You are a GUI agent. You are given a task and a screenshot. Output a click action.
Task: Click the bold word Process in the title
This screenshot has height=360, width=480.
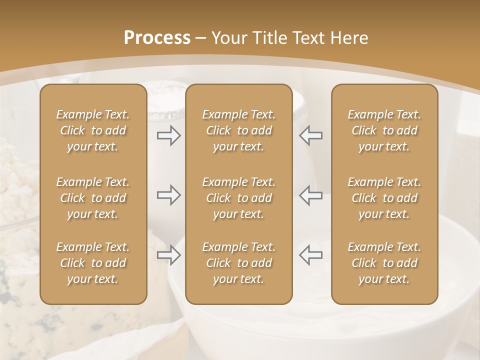[x=157, y=38]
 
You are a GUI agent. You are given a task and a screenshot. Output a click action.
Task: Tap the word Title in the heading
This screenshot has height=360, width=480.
[x=270, y=38]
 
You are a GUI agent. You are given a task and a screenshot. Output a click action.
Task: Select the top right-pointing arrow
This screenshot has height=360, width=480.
[x=168, y=135]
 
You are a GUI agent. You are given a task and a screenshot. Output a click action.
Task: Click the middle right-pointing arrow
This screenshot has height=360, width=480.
[x=168, y=195]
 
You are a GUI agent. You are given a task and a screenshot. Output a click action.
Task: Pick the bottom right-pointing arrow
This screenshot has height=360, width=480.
[x=168, y=255]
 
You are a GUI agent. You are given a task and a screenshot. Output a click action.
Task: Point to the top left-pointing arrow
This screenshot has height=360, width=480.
[x=311, y=135]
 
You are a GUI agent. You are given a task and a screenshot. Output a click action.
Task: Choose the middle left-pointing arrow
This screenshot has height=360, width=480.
[x=311, y=195]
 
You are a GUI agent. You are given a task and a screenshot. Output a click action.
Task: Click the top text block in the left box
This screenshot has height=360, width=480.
[x=93, y=130]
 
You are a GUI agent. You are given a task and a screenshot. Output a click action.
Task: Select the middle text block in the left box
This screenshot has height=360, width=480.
[x=93, y=198]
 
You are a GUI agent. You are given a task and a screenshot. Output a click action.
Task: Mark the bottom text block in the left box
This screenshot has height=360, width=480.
[x=93, y=263]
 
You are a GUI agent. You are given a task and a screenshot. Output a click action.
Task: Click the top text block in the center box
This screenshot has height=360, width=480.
[x=239, y=130]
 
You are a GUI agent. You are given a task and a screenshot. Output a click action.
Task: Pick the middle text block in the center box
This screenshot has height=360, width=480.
[x=239, y=198]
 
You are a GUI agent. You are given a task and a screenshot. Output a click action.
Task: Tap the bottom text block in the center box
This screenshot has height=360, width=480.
[x=239, y=263]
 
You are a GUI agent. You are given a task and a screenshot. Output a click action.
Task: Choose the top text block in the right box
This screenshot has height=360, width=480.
[x=384, y=130]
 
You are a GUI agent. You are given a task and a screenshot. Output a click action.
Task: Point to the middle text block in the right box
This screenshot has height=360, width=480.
[x=384, y=198]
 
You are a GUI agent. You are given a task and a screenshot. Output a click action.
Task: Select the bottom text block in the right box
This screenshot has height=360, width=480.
[x=384, y=263]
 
